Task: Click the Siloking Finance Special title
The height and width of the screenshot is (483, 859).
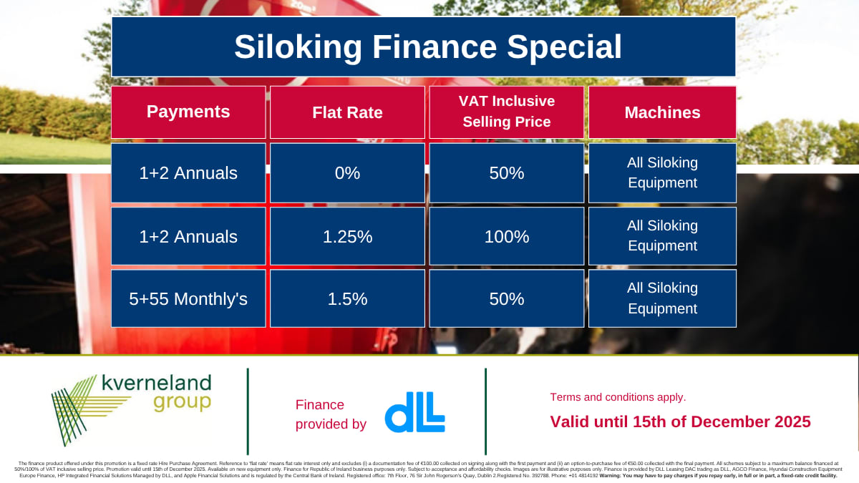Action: pos(427,47)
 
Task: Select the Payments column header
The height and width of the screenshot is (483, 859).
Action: pos(188,112)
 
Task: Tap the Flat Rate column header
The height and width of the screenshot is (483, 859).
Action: pos(347,112)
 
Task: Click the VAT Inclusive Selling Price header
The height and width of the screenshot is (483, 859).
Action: pos(506,112)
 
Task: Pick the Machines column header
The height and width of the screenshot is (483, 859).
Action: pos(662,112)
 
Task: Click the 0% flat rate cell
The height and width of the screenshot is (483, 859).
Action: pos(347,173)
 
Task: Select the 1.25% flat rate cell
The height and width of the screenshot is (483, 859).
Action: pos(347,236)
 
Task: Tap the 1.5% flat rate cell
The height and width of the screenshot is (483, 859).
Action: pos(347,298)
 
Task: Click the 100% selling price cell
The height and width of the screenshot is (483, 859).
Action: pos(506,236)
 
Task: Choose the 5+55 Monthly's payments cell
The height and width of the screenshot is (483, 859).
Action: pos(188,298)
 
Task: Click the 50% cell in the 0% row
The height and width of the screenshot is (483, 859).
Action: pos(506,173)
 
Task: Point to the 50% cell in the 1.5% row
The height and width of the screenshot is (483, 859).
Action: pos(506,298)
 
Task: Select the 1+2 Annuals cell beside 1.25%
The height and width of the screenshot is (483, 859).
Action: pos(188,236)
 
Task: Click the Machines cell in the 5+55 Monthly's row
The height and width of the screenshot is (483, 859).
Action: pos(662,298)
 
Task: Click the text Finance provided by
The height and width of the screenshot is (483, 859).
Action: pos(330,414)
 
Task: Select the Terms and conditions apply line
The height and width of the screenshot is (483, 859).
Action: pos(617,397)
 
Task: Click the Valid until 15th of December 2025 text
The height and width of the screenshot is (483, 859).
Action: pos(680,421)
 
